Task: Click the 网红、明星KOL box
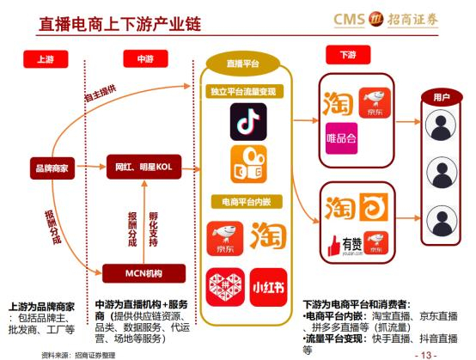(x=142, y=165)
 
